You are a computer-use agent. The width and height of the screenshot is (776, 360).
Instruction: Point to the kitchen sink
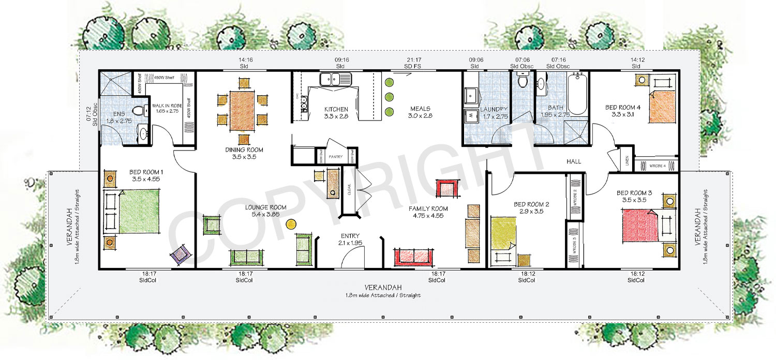[335, 80]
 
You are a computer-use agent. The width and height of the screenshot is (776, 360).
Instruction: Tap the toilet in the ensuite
[139, 110]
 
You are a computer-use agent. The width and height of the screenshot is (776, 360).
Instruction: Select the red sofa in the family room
[414, 256]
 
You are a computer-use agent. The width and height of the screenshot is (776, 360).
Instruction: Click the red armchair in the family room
[447, 188]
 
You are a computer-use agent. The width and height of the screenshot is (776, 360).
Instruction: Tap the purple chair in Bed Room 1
[181, 255]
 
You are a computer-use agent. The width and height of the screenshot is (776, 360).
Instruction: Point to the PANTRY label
[335, 156]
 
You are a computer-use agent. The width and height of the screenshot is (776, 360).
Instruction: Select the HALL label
[574, 161]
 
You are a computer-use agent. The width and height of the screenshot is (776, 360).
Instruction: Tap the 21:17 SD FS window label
[415, 63]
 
